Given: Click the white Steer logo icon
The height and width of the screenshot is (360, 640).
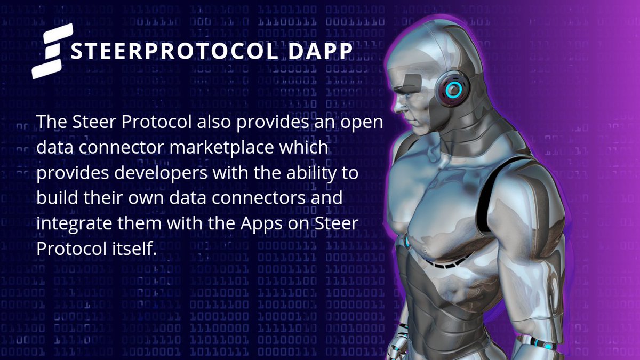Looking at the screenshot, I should (x=49, y=51).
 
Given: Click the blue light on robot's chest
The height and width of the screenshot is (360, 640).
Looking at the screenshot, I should (x=407, y=243).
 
